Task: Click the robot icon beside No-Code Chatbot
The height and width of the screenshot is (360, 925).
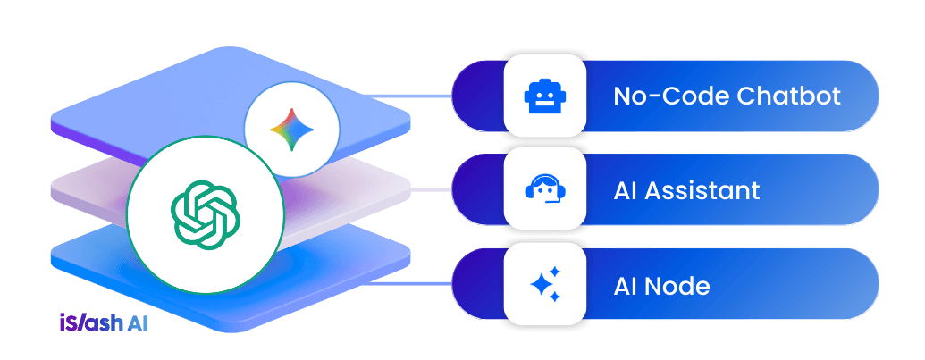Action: point(545,96)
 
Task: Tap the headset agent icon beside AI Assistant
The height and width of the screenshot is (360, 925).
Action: point(545,190)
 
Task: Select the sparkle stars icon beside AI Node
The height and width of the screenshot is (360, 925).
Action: point(545,285)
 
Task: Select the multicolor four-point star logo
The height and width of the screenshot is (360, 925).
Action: point(291,129)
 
